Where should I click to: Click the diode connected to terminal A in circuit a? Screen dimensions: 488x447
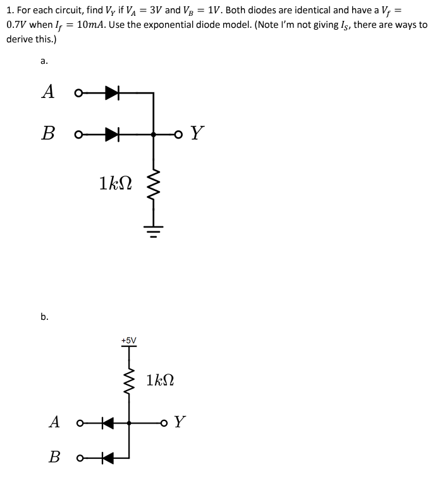(x=113, y=93)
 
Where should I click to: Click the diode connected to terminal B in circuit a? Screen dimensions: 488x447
(x=113, y=134)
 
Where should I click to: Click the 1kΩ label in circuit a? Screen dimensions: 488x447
(x=115, y=183)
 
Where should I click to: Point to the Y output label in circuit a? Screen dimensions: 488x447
(x=198, y=133)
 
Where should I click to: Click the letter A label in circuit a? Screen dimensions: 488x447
(x=47, y=92)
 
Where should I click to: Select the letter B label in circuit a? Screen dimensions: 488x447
(x=47, y=134)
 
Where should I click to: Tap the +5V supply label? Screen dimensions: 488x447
(x=128, y=340)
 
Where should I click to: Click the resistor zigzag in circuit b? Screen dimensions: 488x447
(x=129, y=381)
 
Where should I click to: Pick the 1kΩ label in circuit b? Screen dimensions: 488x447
(x=159, y=381)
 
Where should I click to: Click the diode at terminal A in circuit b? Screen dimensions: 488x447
(x=108, y=422)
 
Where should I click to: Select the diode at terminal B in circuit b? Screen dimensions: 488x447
(x=108, y=457)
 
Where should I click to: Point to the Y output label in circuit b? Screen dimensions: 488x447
(x=180, y=422)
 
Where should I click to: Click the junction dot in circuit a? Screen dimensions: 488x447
(x=154, y=134)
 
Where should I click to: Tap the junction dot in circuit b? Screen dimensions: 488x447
(x=129, y=422)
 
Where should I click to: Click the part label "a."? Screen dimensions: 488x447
(x=43, y=61)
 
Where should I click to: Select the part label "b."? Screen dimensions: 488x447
(x=44, y=317)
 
